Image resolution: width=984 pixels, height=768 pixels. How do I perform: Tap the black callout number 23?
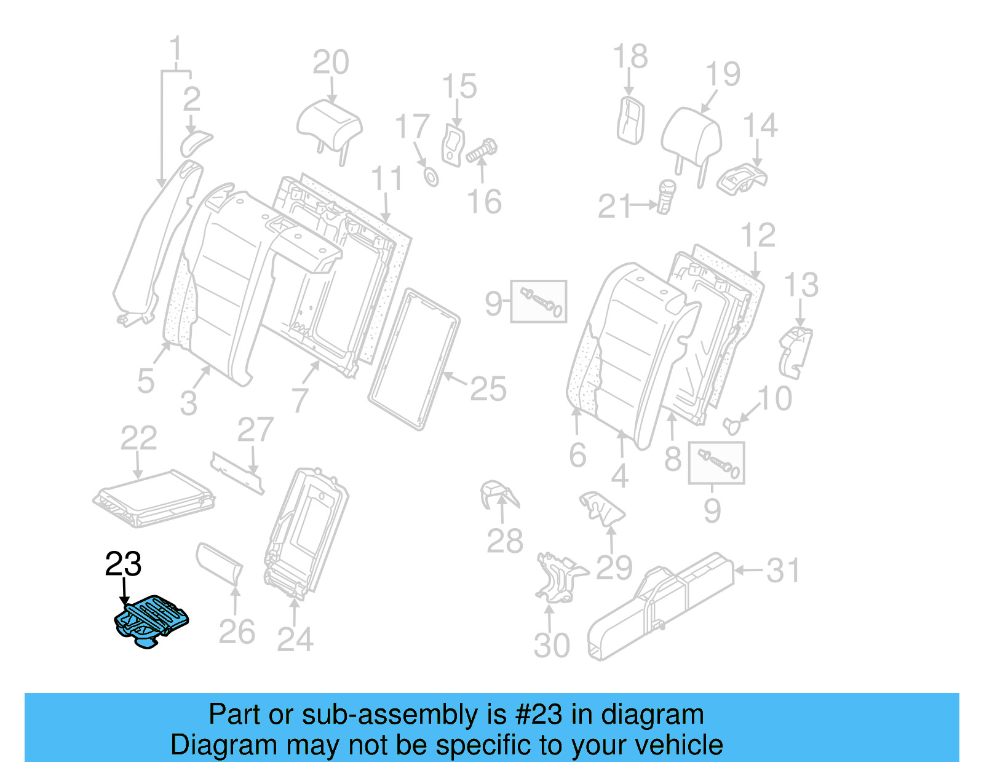click(123, 564)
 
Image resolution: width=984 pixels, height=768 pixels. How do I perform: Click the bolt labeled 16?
click(482, 150)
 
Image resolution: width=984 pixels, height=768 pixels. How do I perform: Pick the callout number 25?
click(488, 389)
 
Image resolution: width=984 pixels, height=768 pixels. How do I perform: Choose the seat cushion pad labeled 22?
click(154, 499)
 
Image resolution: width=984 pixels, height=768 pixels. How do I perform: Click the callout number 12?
click(758, 236)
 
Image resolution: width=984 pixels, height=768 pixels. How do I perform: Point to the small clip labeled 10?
click(732, 424)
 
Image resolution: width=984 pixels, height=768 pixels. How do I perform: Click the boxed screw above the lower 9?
click(716, 463)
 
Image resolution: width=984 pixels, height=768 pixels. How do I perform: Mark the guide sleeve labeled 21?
click(666, 196)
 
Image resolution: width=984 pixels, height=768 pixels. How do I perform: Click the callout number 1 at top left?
click(176, 48)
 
